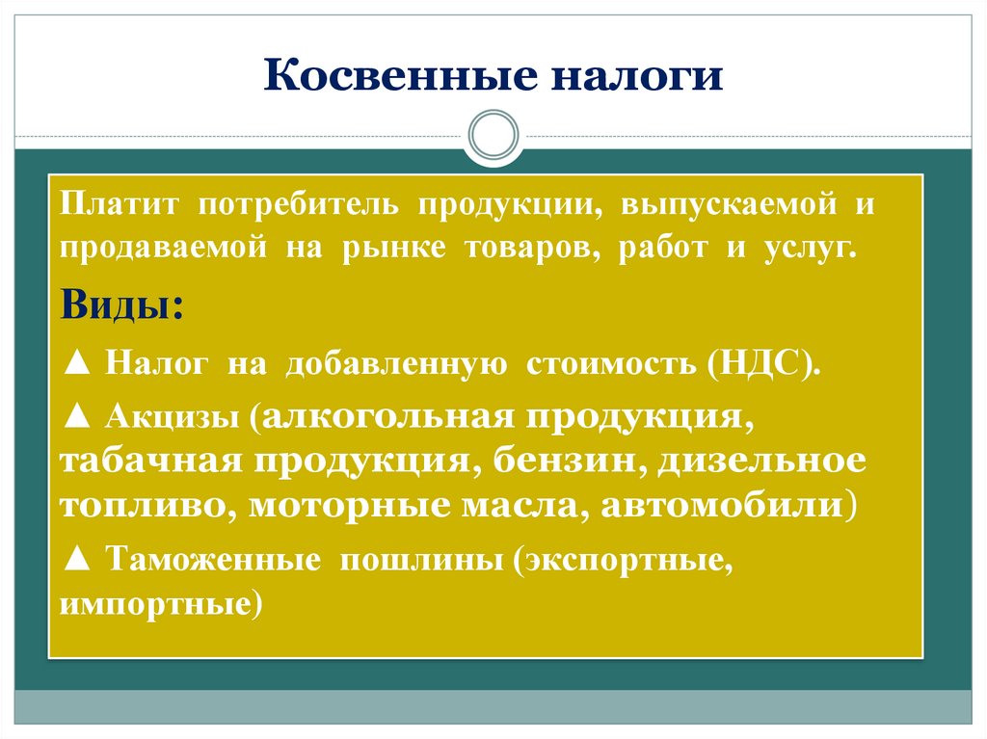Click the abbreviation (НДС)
(763, 366)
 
